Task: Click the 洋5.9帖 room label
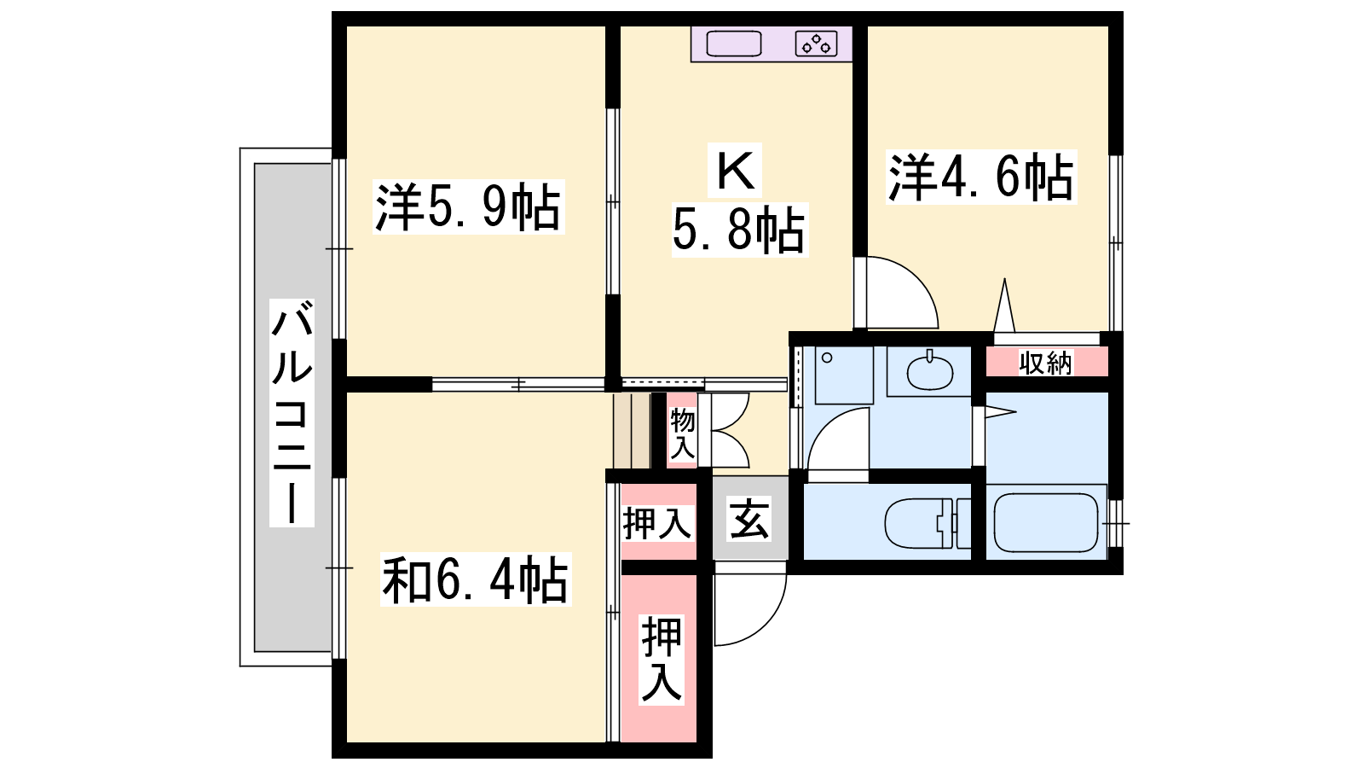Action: [468, 207]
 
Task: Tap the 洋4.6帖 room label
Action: [981, 177]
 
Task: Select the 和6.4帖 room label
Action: [476, 579]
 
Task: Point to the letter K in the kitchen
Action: [736, 170]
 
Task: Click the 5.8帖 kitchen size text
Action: [739, 230]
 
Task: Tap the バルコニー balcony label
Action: [292, 413]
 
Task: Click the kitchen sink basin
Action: [734, 44]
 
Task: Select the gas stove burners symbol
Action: [816, 44]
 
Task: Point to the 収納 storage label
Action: [1045, 364]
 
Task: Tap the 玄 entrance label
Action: [749, 519]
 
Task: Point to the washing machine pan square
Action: [844, 375]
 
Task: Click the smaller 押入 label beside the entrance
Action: [657, 524]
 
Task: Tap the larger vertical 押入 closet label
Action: [662, 660]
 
